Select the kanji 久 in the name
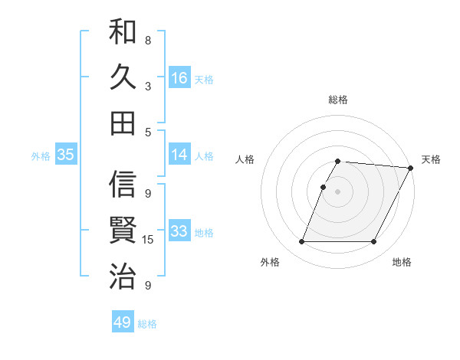click(x=123, y=77)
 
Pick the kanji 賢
click(x=123, y=230)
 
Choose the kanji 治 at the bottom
click(x=123, y=273)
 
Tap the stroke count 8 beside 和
click(x=148, y=40)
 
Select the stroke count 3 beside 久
click(x=148, y=86)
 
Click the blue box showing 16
click(x=179, y=78)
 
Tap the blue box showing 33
click(x=179, y=232)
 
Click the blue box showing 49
click(x=123, y=323)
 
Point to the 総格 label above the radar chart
click(x=338, y=100)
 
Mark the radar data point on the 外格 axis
click(x=301, y=242)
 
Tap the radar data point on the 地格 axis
click(x=374, y=242)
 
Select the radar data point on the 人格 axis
click(x=324, y=188)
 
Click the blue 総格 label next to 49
click(x=147, y=324)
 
